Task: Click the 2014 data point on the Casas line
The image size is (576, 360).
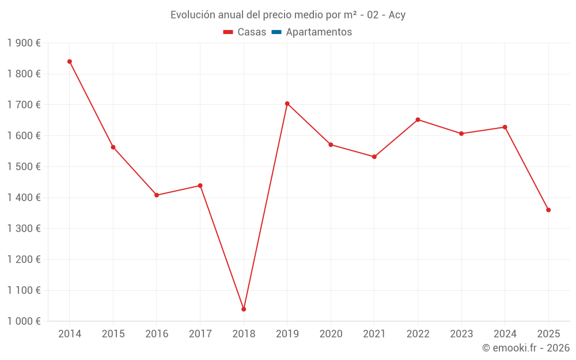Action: pyautogui.click(x=70, y=62)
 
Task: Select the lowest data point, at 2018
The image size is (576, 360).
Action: pyautogui.click(x=244, y=309)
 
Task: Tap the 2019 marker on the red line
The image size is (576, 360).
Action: pyautogui.click(x=287, y=104)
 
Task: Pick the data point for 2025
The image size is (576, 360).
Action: pyautogui.click(x=548, y=210)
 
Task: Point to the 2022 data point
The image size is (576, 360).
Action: pyautogui.click(x=418, y=120)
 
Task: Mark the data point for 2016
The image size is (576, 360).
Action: pyautogui.click(x=157, y=195)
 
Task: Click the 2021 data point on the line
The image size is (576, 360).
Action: pyautogui.click(x=374, y=157)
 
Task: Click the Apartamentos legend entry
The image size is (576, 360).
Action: pyautogui.click(x=319, y=32)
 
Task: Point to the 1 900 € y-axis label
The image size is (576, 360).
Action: pyautogui.click(x=24, y=43)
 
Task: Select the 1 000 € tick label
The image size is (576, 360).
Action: pyautogui.click(x=24, y=321)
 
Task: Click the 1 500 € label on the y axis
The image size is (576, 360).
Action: pyautogui.click(x=24, y=167)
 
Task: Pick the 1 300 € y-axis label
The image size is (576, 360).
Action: pyautogui.click(x=24, y=229)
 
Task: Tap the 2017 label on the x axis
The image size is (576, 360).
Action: pyautogui.click(x=200, y=334)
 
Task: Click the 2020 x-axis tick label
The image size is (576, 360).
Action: pyautogui.click(x=331, y=334)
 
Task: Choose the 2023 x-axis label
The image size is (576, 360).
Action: pyautogui.click(x=461, y=334)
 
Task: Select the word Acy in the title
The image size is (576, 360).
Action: pyautogui.click(x=397, y=15)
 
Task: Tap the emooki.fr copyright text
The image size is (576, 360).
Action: pyautogui.click(x=526, y=348)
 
